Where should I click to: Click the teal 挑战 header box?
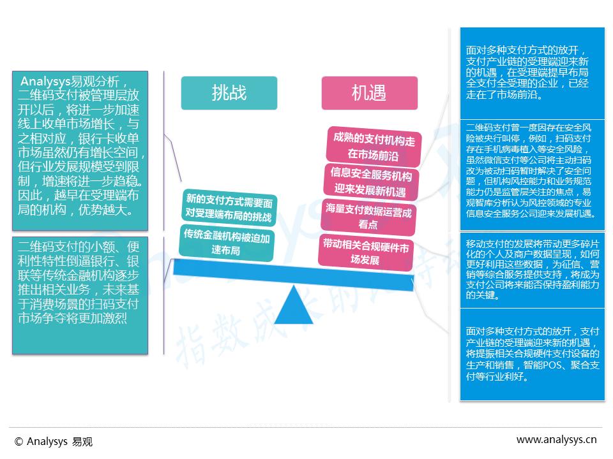pos(229,93)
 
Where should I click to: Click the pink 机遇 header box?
pos(369,93)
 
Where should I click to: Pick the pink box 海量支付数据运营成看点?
pos(369,217)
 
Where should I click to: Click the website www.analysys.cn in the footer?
pos(556,439)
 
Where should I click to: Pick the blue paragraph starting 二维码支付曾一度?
pos(531,171)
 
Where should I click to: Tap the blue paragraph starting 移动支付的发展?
pos(531,270)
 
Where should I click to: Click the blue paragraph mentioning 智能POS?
pos(531,354)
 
